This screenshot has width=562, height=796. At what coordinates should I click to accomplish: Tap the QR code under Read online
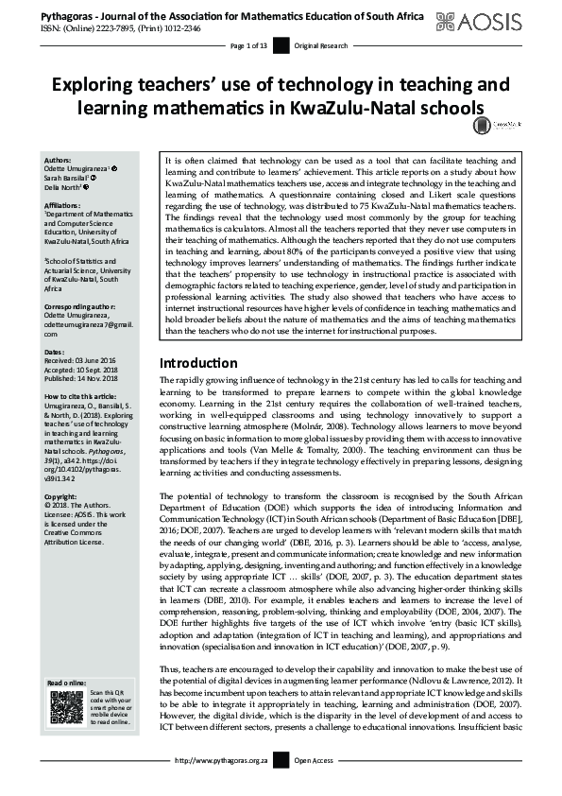(x=60, y=706)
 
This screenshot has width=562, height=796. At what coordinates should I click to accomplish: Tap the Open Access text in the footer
(x=315, y=787)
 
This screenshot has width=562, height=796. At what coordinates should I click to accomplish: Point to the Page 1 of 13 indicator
(x=250, y=46)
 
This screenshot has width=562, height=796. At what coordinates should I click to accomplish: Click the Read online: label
(x=64, y=682)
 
